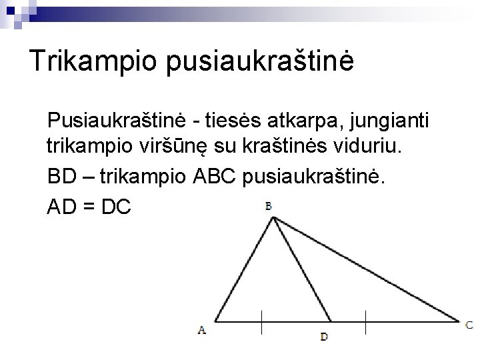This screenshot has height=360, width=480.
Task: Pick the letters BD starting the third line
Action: pos(61,177)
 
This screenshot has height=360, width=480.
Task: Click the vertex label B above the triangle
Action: pos(269,206)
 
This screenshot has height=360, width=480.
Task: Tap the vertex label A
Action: pos(202,329)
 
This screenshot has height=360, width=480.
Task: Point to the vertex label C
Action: pos(470,325)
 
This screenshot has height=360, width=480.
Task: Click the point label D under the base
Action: pos(324,337)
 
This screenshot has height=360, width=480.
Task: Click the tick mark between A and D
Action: pos(261,321)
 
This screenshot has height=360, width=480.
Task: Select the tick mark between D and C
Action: pos(364,321)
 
